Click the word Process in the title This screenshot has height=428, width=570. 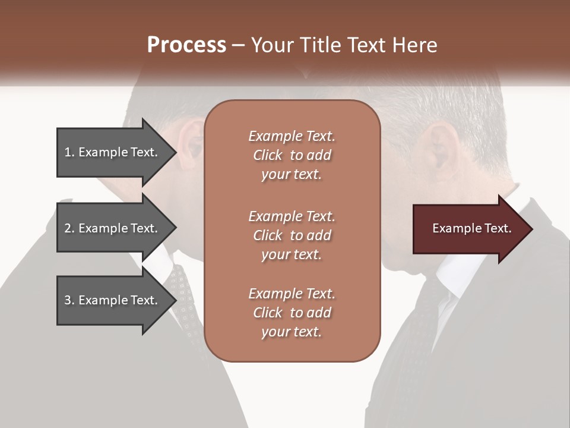[186, 45]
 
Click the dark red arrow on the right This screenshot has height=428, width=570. [469, 229]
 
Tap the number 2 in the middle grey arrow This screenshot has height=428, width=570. [68, 228]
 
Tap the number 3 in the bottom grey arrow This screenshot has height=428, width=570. [68, 300]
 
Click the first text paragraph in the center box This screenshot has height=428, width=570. [292, 155]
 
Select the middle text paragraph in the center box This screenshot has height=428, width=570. [292, 235]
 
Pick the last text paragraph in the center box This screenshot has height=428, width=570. [292, 313]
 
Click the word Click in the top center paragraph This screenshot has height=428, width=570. [268, 155]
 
